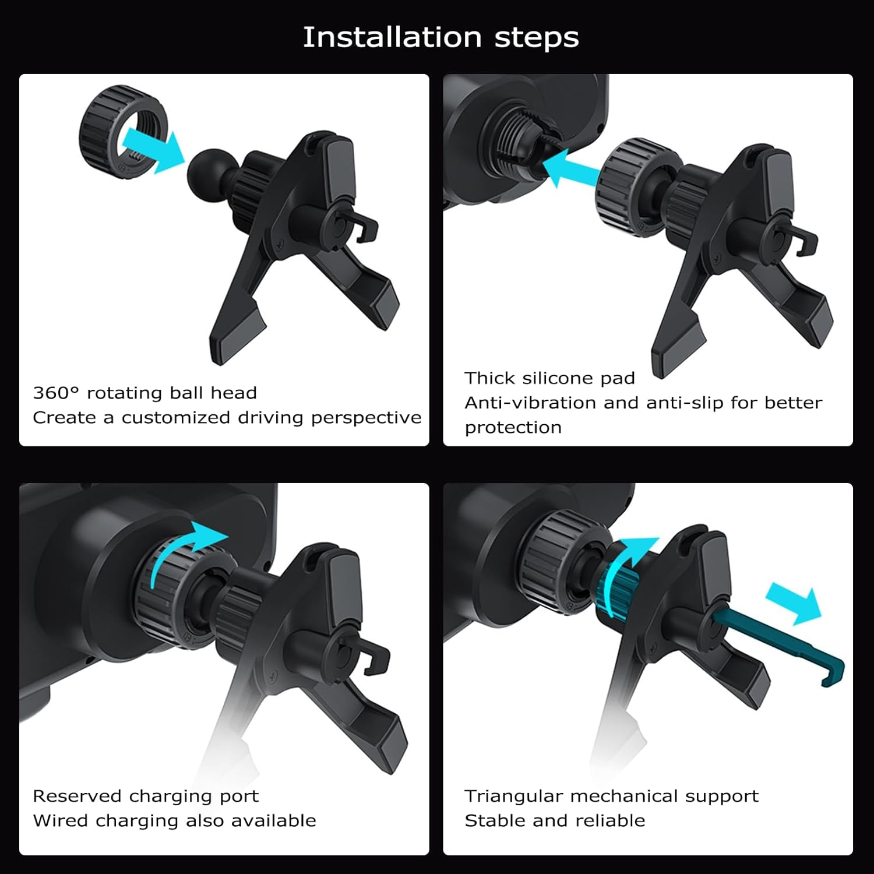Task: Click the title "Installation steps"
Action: click(x=440, y=37)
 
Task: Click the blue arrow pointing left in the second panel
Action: click(x=574, y=168)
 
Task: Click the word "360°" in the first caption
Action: click(x=55, y=393)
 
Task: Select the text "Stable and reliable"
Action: click(x=555, y=820)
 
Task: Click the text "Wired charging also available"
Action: click(x=174, y=820)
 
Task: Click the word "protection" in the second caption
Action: click(x=513, y=428)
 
